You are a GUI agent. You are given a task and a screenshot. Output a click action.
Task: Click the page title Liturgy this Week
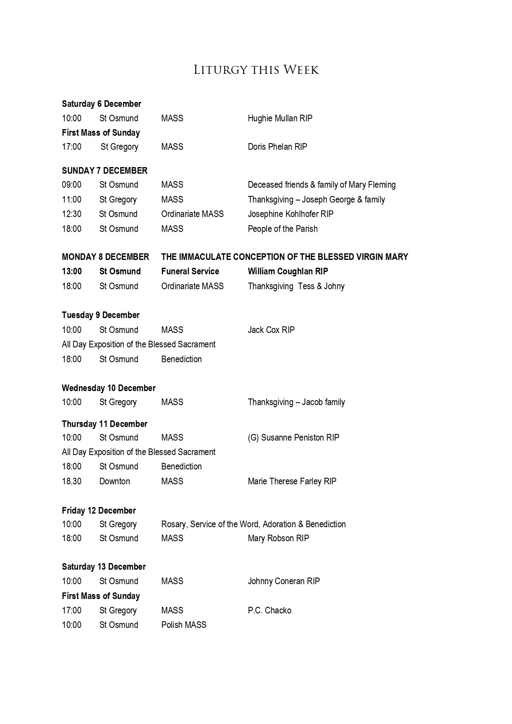pyautogui.click(x=256, y=70)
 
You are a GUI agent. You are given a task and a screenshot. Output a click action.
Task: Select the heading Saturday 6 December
pyautogui.click(x=101, y=104)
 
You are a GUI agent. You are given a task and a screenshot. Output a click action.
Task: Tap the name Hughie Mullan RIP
pyautogui.click(x=280, y=118)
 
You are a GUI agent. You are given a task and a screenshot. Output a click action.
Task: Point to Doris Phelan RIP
pyautogui.click(x=277, y=147)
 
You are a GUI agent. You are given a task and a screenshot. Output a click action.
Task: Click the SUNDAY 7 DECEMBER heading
pyautogui.click(x=104, y=171)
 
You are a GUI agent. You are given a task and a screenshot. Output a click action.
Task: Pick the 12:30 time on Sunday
pyautogui.click(x=72, y=214)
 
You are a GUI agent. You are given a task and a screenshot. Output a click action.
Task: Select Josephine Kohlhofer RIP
pyautogui.click(x=290, y=214)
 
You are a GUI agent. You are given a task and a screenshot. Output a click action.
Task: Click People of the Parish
pyautogui.click(x=283, y=229)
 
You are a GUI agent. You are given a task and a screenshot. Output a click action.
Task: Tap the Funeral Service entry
pyautogui.click(x=190, y=271)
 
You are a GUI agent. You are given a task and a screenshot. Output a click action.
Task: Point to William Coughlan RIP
pyautogui.click(x=288, y=271)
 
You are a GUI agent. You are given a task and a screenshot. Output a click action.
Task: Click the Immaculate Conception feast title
pyautogui.click(x=284, y=257)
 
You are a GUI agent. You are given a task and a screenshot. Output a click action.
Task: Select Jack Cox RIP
pyautogui.click(x=271, y=330)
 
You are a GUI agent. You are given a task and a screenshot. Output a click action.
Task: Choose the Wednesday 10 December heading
pyautogui.click(x=109, y=388)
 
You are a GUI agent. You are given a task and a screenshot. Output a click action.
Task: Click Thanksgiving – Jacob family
pyautogui.click(x=296, y=402)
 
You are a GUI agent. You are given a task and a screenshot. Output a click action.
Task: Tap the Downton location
pyautogui.click(x=114, y=481)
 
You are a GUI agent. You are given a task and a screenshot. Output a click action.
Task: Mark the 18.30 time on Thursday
pyautogui.click(x=72, y=481)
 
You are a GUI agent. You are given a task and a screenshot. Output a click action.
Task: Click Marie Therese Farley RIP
pyautogui.click(x=292, y=481)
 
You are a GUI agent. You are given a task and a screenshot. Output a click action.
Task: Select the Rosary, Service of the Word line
pyautogui.click(x=253, y=524)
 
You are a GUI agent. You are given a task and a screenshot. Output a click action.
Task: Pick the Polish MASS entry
pyautogui.click(x=184, y=625)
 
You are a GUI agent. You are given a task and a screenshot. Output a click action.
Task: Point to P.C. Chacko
pyautogui.click(x=269, y=611)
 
